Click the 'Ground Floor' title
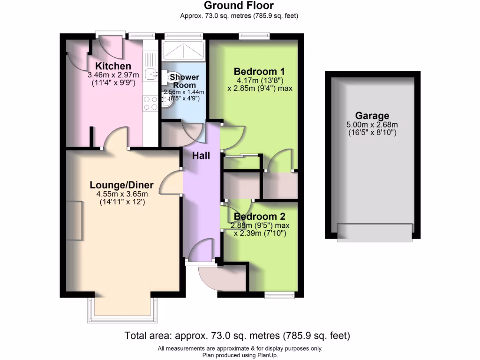tap(240, 6)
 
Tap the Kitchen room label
tap(113, 66)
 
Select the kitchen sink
tap(150, 74)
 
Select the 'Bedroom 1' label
tap(260, 71)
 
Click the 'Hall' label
tap(201, 156)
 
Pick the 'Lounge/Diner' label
tap(121, 185)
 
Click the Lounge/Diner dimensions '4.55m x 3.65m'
tap(121, 194)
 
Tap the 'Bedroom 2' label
tap(260, 217)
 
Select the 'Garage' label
tap(372, 116)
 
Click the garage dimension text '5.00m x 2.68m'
tap(372, 125)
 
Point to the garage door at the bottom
tap(375, 232)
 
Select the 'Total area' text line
tap(237, 336)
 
